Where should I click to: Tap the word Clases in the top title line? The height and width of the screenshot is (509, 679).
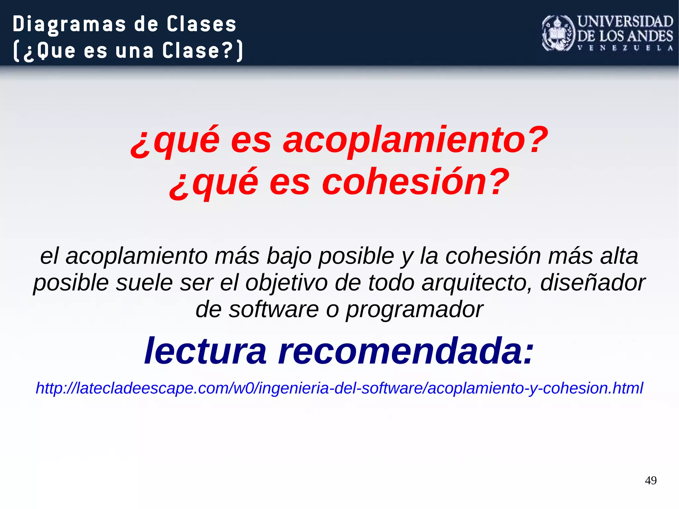pyautogui.click(x=201, y=24)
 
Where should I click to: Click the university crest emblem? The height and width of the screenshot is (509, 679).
pyautogui.click(x=558, y=33)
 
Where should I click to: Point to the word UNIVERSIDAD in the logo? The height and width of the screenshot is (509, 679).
pyautogui.click(x=625, y=22)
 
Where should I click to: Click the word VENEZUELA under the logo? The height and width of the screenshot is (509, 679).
pyautogui.click(x=625, y=48)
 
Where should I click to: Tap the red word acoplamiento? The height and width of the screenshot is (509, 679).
pyautogui.click(x=415, y=140)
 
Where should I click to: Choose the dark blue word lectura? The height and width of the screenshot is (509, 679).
pyautogui.click(x=206, y=351)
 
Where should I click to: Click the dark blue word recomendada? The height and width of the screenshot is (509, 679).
pyautogui.click(x=406, y=351)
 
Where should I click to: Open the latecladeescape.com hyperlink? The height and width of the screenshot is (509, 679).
pyautogui.click(x=339, y=388)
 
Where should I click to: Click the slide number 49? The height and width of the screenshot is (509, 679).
pyautogui.click(x=650, y=480)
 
